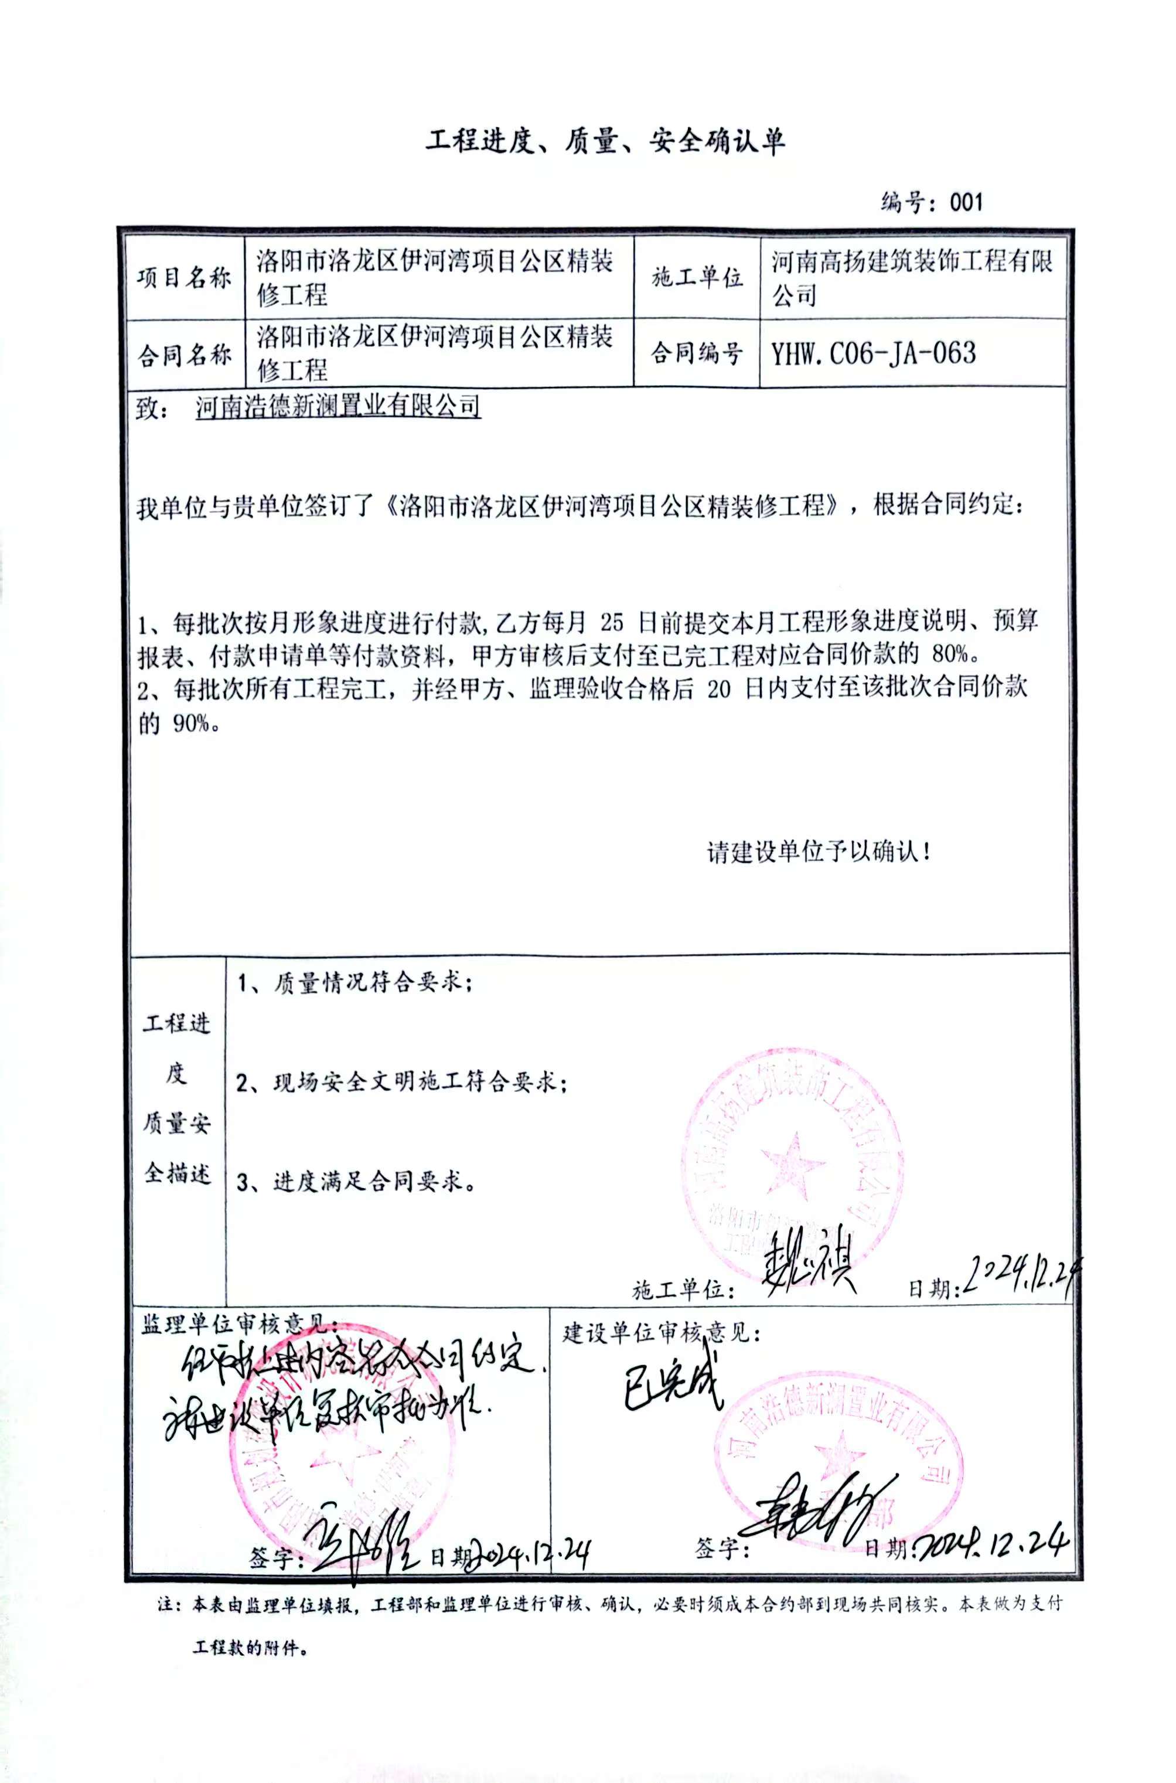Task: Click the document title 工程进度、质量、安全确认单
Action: (605, 141)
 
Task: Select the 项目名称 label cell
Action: (185, 278)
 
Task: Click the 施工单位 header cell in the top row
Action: (697, 278)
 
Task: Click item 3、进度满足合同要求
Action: (356, 1182)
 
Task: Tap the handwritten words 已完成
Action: (673, 1383)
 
